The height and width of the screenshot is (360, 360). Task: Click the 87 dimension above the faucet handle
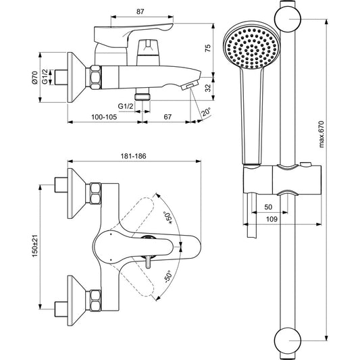click(139, 11)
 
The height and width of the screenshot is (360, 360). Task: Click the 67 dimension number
click(168, 117)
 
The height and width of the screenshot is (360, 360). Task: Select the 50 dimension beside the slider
click(269, 207)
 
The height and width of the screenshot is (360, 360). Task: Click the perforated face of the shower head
click(249, 46)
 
